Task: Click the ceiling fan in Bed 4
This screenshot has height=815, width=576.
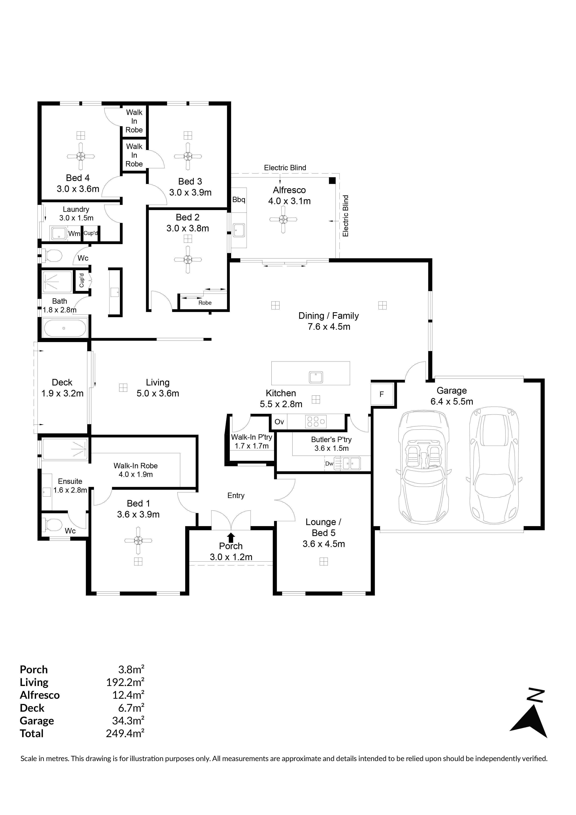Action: tap(81, 156)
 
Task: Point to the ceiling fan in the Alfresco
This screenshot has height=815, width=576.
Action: tap(283, 220)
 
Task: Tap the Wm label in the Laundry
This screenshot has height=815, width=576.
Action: tap(74, 234)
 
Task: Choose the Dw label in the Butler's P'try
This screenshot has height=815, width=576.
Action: tap(329, 464)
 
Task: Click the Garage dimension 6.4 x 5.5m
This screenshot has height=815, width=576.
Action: tap(452, 401)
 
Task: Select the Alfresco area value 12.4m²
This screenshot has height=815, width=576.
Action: tap(128, 695)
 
